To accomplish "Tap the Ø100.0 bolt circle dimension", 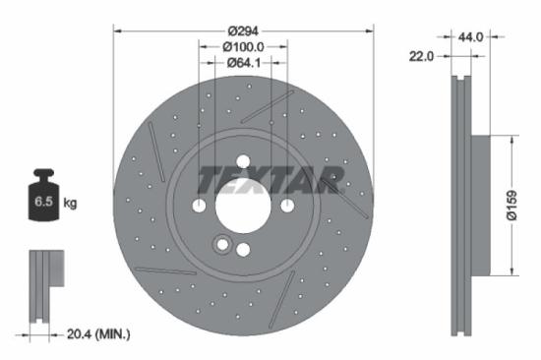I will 243,46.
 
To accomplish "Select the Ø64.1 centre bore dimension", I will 243,63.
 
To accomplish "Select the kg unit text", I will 71,204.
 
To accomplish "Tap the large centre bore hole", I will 243,206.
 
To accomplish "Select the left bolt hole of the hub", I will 200,206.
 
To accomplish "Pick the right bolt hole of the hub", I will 286,206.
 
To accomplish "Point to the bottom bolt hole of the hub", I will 243,249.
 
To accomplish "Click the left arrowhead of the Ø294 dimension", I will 117,30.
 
